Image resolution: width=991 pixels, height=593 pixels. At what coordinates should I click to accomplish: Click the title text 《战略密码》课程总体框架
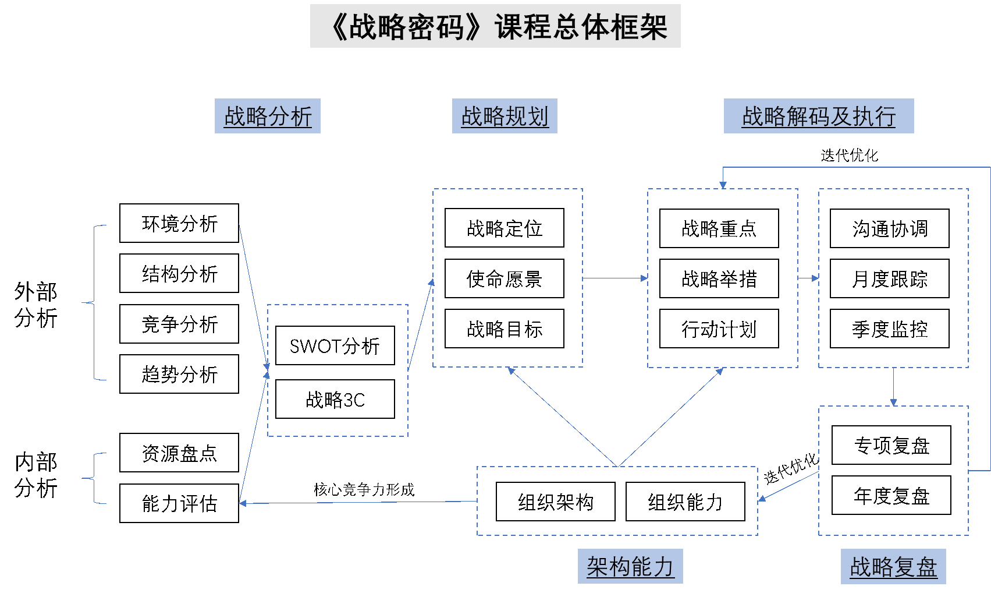point(495,27)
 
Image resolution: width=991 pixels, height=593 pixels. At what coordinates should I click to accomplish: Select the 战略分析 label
point(268,117)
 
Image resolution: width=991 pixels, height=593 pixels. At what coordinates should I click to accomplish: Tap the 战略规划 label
point(505,117)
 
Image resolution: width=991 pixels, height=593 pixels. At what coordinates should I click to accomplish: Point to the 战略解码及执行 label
point(819,117)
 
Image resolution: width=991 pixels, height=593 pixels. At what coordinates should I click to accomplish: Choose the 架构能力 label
point(630,566)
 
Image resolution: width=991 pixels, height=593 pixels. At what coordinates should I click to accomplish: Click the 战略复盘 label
point(893,567)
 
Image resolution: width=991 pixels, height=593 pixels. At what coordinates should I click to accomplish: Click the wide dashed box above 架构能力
point(617,501)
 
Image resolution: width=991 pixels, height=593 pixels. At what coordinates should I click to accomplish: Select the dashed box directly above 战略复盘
point(893,470)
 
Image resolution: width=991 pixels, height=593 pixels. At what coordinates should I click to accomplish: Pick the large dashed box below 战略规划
point(507,278)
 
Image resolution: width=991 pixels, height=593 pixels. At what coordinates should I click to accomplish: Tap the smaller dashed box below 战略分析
point(338,370)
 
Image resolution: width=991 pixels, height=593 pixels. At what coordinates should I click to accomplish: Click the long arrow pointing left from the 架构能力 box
point(358,502)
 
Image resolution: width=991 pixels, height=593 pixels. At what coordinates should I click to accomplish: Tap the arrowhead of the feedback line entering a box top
point(723,185)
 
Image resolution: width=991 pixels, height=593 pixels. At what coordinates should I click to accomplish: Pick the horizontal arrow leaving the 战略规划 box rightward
point(615,278)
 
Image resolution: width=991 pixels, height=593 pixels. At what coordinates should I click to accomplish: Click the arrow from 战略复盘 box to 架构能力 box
point(788,486)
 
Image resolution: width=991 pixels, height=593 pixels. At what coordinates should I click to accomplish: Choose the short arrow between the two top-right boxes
point(808,278)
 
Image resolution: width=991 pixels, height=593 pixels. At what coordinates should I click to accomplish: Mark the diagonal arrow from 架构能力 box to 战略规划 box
point(562,416)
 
